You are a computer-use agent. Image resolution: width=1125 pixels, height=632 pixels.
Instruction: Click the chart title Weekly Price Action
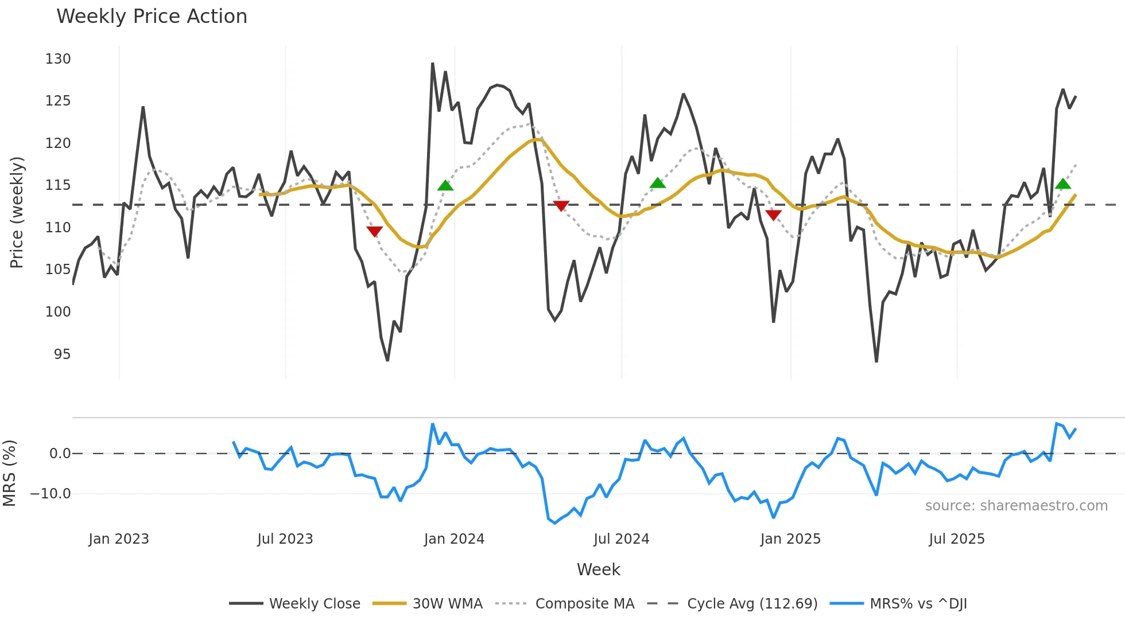(x=152, y=16)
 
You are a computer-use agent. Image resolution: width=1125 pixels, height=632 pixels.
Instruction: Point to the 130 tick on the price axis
(x=58, y=59)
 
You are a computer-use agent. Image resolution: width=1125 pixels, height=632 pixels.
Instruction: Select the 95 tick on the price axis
(x=62, y=354)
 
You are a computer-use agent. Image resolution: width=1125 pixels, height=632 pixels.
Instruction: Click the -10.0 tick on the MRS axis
(x=51, y=493)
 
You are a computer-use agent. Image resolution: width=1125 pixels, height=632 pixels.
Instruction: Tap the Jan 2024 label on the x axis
(x=454, y=539)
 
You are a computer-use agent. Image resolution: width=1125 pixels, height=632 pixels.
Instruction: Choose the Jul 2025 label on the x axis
(x=956, y=539)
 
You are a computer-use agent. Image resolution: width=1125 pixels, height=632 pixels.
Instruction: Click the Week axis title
(x=598, y=569)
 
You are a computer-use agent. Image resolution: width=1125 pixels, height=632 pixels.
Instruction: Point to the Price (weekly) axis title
(x=17, y=212)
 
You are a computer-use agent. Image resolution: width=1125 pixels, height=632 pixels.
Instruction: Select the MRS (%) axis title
(x=9, y=473)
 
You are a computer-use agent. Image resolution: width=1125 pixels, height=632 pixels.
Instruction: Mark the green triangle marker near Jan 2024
(x=445, y=185)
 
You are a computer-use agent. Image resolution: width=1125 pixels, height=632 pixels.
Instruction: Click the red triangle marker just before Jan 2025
(x=773, y=215)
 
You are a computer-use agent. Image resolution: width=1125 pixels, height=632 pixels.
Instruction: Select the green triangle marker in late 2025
(x=1063, y=184)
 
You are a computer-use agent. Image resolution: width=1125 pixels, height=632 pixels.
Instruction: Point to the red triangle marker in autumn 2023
(x=374, y=231)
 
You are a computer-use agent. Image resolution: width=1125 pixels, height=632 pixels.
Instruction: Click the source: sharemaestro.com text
(x=1016, y=506)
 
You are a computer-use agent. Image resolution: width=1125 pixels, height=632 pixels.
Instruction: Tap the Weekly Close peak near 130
(x=432, y=64)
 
